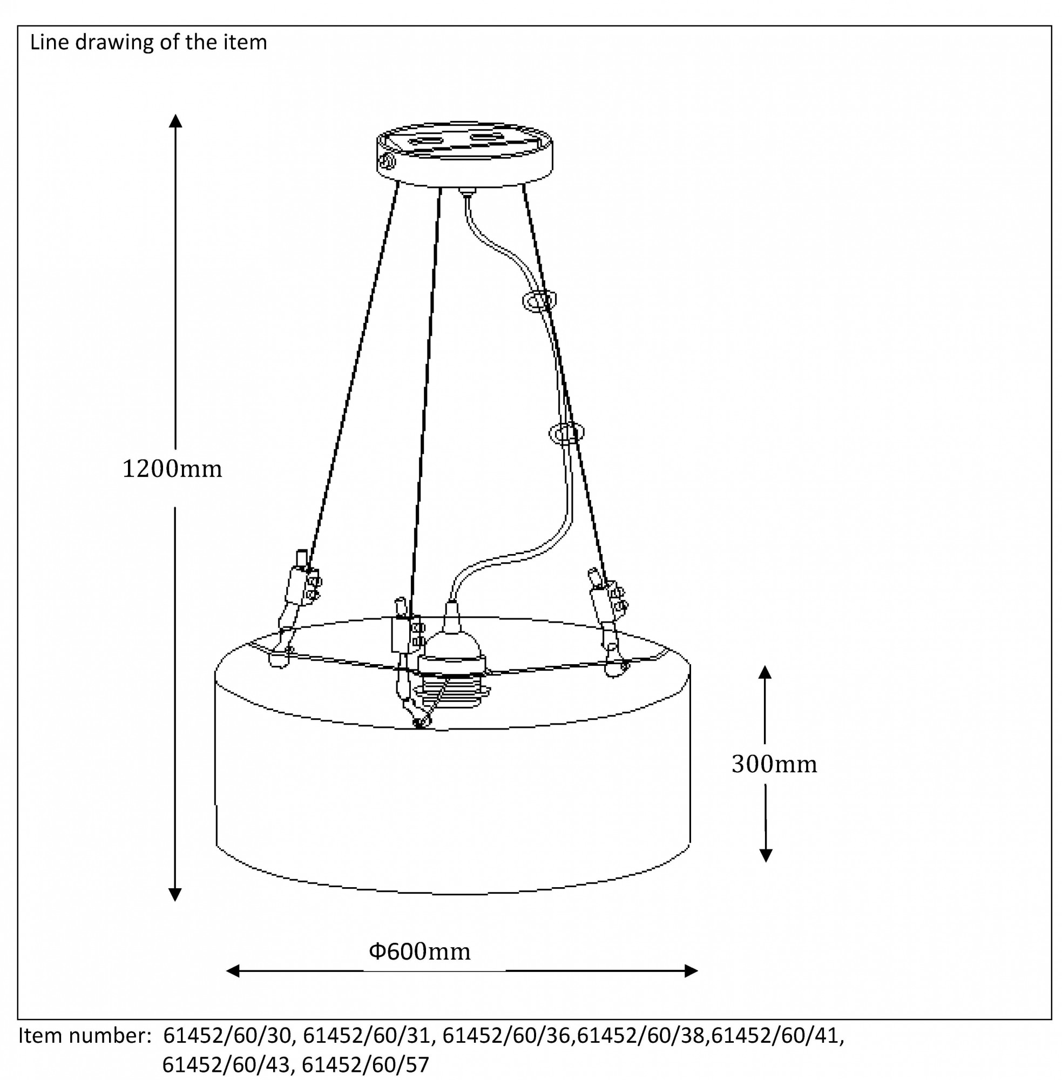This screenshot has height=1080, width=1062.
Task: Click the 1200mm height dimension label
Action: [172, 469]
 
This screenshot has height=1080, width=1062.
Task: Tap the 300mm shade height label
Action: [774, 765]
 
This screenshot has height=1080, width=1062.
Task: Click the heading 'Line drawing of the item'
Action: [148, 43]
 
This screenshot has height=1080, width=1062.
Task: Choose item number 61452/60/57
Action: [366, 1065]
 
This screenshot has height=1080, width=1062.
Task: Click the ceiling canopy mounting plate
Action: [465, 153]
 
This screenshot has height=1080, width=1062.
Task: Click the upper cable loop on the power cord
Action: [539, 301]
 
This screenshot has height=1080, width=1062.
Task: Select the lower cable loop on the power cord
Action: [567, 433]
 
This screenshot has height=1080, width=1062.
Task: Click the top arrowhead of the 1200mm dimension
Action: [175, 121]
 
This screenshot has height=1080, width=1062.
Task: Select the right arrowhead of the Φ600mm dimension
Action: [691, 971]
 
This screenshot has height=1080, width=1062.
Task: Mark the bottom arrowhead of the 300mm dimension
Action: [766, 855]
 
